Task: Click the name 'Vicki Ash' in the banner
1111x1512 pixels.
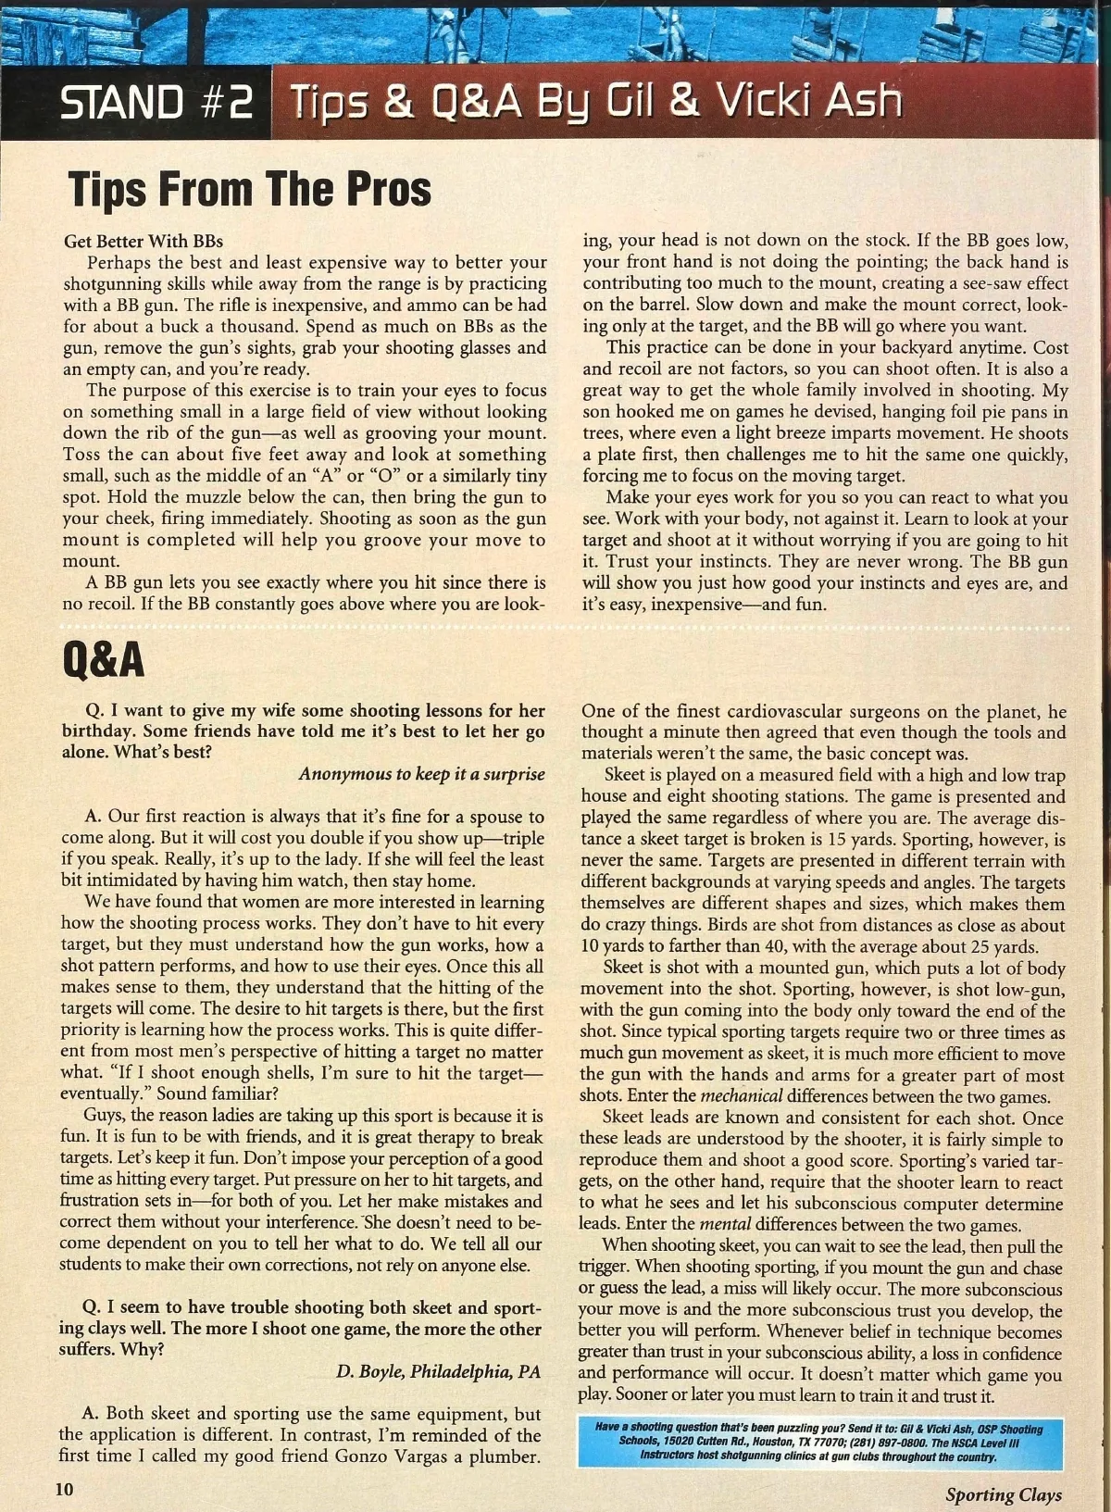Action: pos(805,102)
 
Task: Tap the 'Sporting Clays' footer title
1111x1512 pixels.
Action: pos(1004,1493)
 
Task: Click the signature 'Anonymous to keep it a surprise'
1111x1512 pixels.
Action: pos(421,774)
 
